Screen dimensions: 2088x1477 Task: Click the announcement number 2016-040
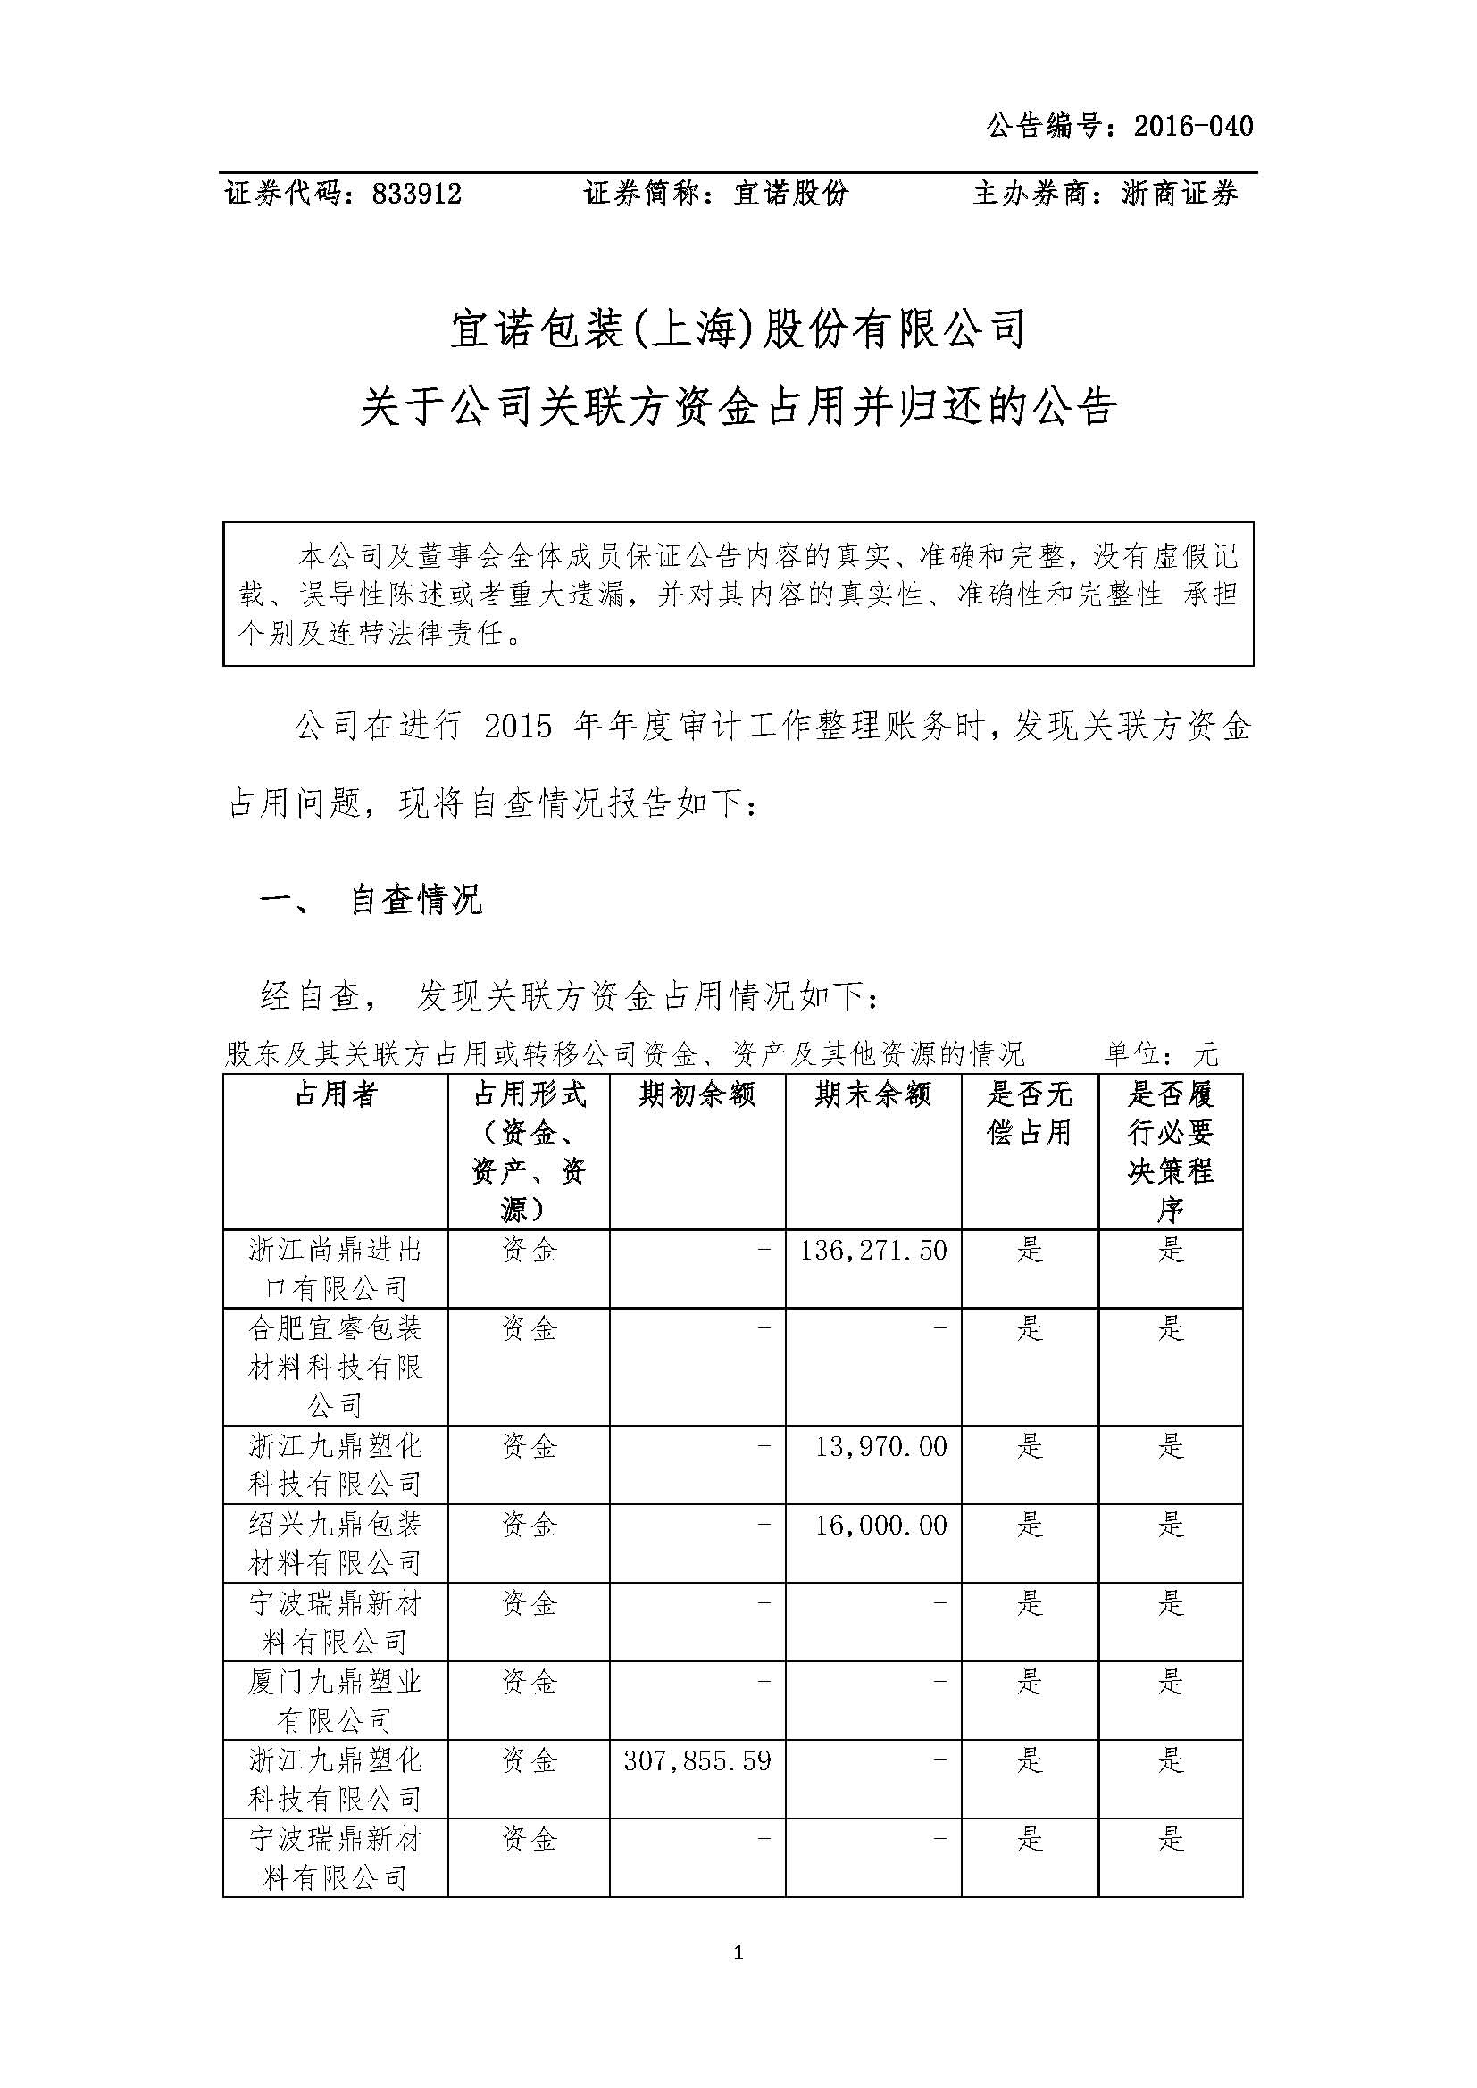[x=1193, y=127]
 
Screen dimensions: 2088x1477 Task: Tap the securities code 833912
[x=416, y=194]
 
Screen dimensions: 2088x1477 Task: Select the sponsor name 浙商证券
[x=1180, y=194]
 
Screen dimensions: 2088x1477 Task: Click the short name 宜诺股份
[x=790, y=194]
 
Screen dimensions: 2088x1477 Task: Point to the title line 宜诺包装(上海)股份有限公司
[x=738, y=329]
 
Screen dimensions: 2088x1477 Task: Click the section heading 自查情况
[x=415, y=901]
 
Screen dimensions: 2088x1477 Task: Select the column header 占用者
[x=336, y=1094]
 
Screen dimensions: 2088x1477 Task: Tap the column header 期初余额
[x=697, y=1094]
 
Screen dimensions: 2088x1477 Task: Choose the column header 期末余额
[x=873, y=1094]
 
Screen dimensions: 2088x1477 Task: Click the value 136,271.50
[x=873, y=1251]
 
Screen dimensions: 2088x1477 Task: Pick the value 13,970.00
[x=880, y=1446]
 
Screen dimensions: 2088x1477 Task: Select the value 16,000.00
[x=880, y=1524]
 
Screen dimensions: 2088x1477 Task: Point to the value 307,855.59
[x=697, y=1760]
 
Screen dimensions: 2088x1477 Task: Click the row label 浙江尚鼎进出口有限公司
[x=336, y=1269]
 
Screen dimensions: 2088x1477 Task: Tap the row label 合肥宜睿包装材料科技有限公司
[x=336, y=1367]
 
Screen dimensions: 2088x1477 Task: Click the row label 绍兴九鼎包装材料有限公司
[x=336, y=1543]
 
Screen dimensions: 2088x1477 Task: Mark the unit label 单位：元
[x=1161, y=1054]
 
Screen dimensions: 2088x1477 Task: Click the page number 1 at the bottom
[x=738, y=1952]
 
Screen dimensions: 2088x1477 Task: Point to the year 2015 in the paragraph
[x=519, y=728]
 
